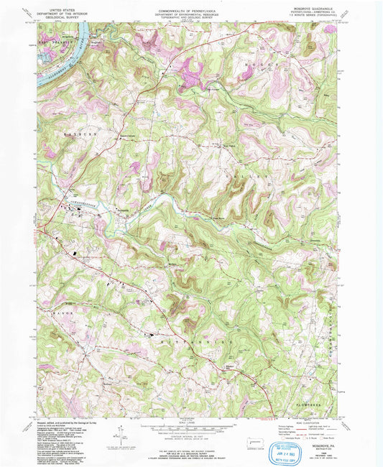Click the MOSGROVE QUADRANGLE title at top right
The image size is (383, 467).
pyautogui.click(x=315, y=11)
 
